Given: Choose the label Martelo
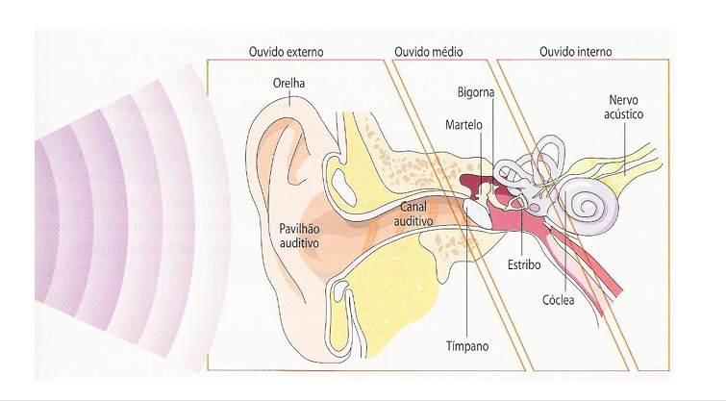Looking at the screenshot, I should coord(465,125).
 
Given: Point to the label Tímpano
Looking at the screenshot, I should coord(464,343).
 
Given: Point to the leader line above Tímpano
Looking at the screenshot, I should coord(464,288).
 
